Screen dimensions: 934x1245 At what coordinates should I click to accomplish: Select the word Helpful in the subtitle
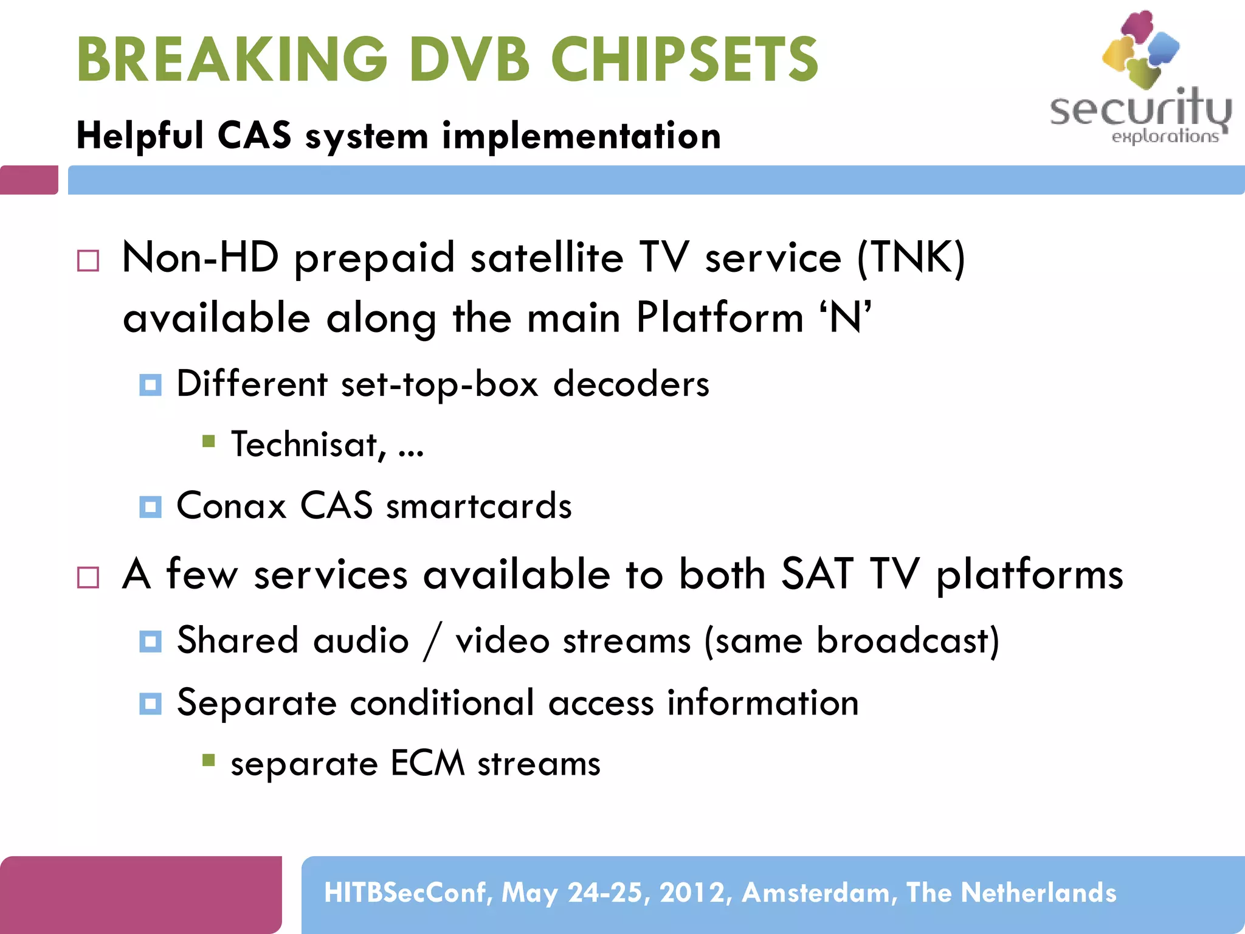140,135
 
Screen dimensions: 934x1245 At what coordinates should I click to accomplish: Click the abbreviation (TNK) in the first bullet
910,258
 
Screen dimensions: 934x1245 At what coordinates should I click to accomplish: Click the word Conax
231,505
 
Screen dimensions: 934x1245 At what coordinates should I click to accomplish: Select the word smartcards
478,506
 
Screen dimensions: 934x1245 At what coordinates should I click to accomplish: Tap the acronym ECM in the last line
427,763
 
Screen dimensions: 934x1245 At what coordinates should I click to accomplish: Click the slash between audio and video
432,642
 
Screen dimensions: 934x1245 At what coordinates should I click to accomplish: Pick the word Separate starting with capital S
257,703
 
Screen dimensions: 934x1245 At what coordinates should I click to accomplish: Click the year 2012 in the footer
692,893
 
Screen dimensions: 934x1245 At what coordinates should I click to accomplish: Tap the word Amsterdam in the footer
819,893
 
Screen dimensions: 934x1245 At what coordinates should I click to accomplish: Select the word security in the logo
1140,109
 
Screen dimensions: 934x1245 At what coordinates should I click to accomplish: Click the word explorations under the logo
1164,136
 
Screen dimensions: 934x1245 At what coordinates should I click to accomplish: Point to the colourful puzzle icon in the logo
1140,49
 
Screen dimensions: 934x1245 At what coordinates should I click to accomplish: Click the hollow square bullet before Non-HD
88,261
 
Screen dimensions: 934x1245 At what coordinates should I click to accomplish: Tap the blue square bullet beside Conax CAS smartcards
150,507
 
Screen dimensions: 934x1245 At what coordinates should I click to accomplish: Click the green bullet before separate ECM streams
209,760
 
